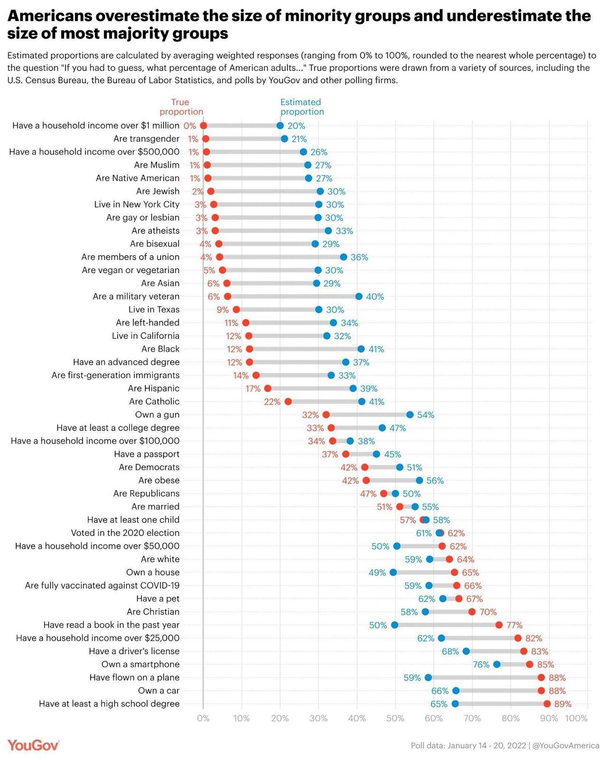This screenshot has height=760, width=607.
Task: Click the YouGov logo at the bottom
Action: (x=33, y=745)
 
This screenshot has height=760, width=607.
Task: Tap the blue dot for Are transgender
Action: (x=285, y=139)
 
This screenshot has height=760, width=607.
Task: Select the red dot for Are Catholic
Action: (x=288, y=401)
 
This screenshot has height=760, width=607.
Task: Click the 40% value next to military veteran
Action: (x=375, y=296)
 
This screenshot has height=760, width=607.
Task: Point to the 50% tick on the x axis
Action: (x=395, y=718)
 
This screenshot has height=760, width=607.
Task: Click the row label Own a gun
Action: (x=157, y=415)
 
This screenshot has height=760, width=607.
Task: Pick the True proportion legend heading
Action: (x=181, y=107)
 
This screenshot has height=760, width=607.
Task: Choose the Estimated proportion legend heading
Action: (x=302, y=107)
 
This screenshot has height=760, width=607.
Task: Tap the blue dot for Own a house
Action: (x=393, y=572)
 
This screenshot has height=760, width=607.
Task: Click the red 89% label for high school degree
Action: (x=563, y=704)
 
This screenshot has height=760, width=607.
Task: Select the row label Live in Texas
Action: (x=154, y=310)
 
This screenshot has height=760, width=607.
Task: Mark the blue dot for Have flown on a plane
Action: (x=428, y=677)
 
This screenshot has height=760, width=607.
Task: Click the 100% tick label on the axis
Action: (x=577, y=718)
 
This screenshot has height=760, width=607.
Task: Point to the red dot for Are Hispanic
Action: (x=268, y=389)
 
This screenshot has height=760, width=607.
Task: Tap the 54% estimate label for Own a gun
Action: (x=426, y=415)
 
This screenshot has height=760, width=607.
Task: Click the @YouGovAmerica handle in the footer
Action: (x=566, y=745)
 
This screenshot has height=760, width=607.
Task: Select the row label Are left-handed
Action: (x=148, y=323)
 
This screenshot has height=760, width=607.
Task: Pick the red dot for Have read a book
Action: (x=499, y=625)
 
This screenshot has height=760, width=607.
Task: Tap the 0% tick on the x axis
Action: (x=203, y=718)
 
